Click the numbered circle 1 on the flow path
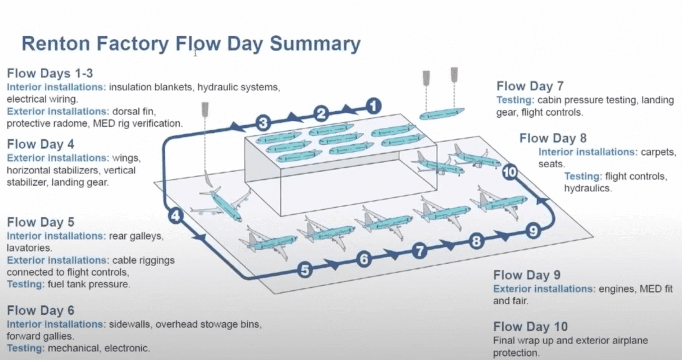pyautogui.click(x=373, y=106)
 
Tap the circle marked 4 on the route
pyautogui.click(x=176, y=216)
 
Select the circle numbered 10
pyautogui.click(x=510, y=172)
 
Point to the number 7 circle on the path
pyautogui.click(x=419, y=251)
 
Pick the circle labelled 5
pyautogui.click(x=304, y=270)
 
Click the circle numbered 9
pyautogui.click(x=533, y=231)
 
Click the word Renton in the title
pyautogui.click(x=56, y=44)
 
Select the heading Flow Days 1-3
pyautogui.click(x=50, y=73)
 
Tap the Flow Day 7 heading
pyautogui.click(x=530, y=86)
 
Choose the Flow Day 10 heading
pyautogui.click(x=530, y=327)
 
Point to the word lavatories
pyautogui.click(x=29, y=248)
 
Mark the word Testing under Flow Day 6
pyautogui.click(x=24, y=349)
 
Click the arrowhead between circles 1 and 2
pyautogui.click(x=349, y=109)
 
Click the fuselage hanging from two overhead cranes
pyautogui.click(x=442, y=114)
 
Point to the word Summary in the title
pyautogui.click(x=315, y=44)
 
